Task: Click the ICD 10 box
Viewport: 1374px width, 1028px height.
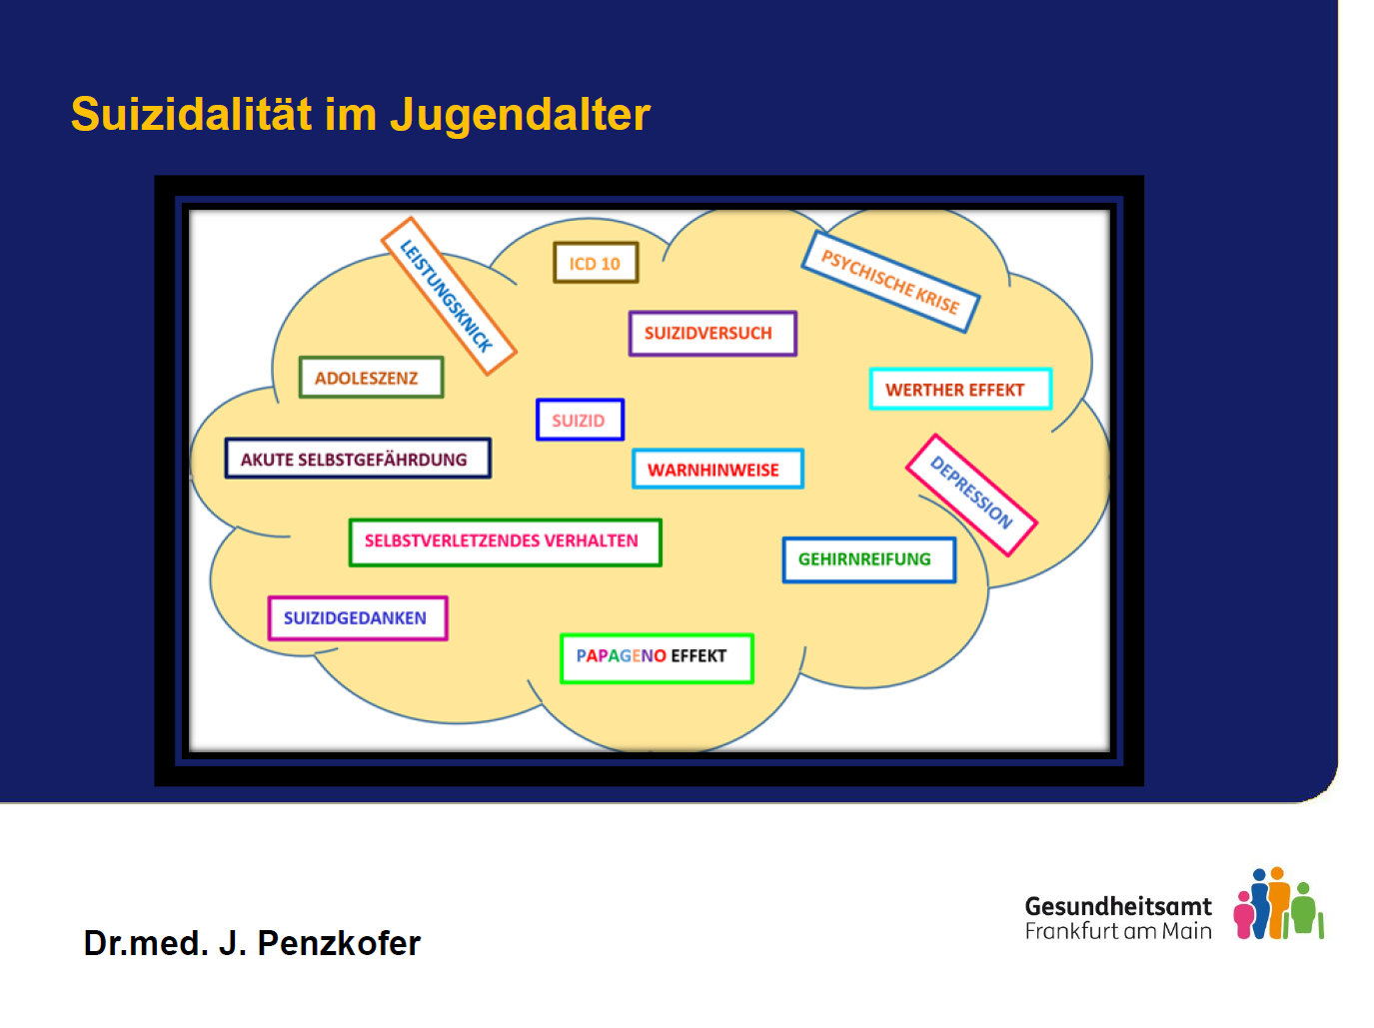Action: click(596, 262)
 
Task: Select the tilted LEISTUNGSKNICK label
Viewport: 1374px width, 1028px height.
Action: click(449, 296)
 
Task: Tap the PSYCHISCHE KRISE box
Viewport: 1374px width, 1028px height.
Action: click(890, 282)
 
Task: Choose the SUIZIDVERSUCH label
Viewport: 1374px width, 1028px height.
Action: click(712, 333)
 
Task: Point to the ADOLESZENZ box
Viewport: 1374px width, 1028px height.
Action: click(371, 377)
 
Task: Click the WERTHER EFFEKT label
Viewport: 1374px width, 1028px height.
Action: click(960, 389)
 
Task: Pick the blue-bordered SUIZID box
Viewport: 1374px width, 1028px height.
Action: click(580, 420)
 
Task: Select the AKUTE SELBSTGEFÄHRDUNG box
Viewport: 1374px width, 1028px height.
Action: click(358, 458)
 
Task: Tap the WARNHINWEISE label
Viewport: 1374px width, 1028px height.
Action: click(717, 468)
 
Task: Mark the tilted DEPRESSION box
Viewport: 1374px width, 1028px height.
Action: click(971, 495)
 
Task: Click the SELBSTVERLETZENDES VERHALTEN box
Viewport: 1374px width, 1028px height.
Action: click(505, 541)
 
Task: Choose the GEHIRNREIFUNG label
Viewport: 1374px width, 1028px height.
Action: click(868, 559)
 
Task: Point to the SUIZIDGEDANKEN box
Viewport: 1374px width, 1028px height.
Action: click(358, 617)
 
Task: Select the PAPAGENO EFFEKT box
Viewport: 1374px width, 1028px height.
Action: click(656, 657)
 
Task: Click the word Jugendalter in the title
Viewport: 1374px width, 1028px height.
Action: click(520, 115)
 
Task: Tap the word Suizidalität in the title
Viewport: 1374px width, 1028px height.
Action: click(191, 113)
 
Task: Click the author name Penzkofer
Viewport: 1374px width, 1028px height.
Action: click(339, 942)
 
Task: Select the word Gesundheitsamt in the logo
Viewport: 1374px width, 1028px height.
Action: click(1117, 905)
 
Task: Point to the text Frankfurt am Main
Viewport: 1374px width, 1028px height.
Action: click(1117, 930)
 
